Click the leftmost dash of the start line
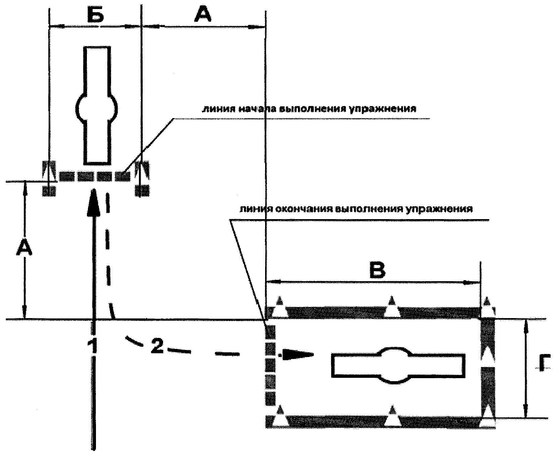67,176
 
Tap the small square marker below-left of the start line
49,191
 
